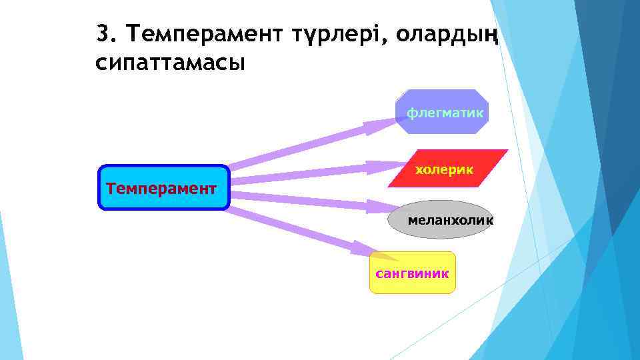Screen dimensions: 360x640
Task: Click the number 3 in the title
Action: [101, 33]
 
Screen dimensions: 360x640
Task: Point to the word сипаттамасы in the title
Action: [171, 63]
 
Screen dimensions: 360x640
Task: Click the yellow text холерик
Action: [445, 170]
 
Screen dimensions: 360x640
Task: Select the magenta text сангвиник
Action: [412, 273]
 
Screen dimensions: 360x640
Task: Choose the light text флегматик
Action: [445, 113]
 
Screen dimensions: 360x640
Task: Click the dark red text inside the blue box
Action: [161, 188]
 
